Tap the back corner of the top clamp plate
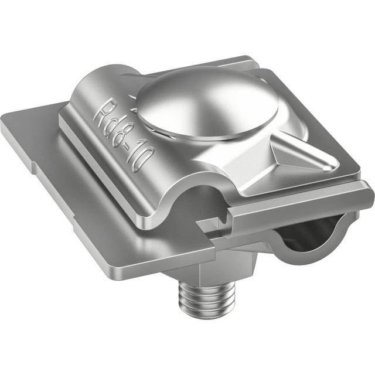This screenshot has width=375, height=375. point(246,59)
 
